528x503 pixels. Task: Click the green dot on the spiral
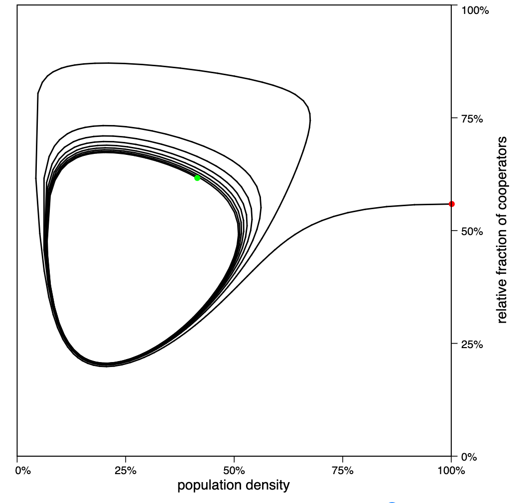tap(197, 178)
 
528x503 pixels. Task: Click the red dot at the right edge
tap(451, 204)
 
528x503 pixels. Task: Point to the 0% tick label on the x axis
tap(23, 471)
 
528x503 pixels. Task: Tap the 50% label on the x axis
tap(234, 471)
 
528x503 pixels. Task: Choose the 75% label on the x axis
tap(343, 471)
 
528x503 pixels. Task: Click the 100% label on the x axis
tap(451, 471)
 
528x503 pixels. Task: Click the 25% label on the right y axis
tap(471, 344)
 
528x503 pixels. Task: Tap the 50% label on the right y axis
tap(471, 232)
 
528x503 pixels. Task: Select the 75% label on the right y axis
tap(471, 119)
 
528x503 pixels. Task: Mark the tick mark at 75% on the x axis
tap(343, 459)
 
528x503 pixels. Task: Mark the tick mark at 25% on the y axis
tap(454, 344)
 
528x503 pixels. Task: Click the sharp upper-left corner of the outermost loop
tap(38, 93)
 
